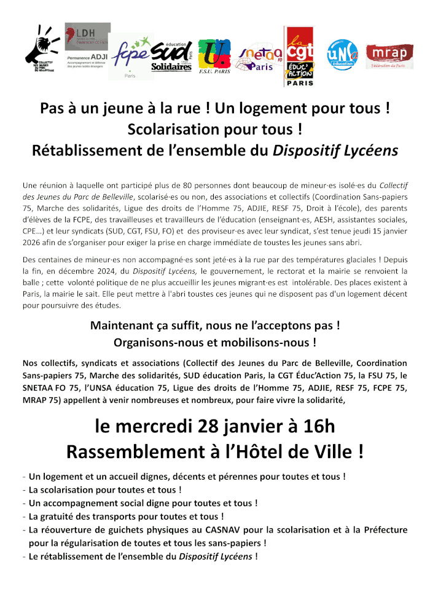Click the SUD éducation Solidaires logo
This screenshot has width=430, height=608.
pyautogui.click(x=172, y=55)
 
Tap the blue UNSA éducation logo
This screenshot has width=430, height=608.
pyautogui.click(x=342, y=55)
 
